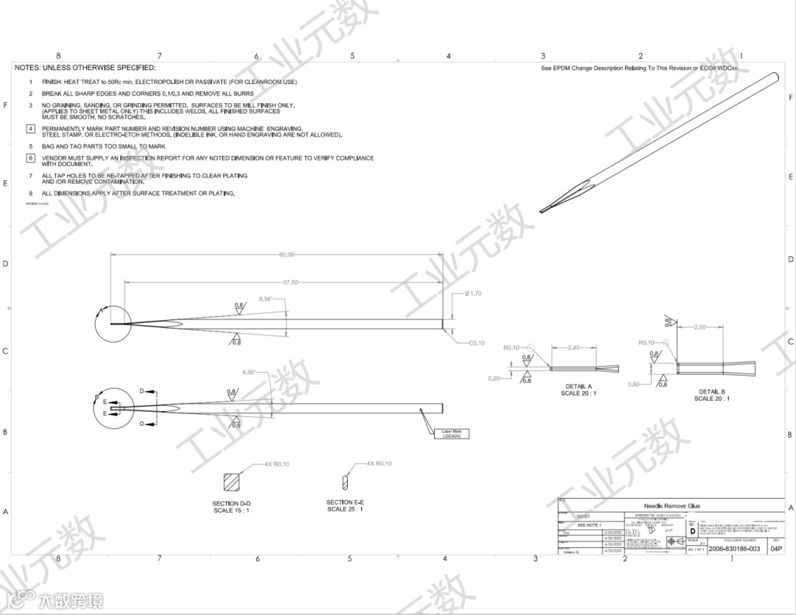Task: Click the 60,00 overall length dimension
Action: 287,255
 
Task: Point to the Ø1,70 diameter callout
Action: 472,294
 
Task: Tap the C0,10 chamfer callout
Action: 477,343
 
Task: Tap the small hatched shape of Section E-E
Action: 344,482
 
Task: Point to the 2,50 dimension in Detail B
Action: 700,327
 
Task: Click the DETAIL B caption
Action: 711,392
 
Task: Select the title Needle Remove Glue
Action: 671,506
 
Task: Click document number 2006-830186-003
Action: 734,549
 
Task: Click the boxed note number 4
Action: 30,129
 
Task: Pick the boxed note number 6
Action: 30,158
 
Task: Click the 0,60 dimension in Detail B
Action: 634,384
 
